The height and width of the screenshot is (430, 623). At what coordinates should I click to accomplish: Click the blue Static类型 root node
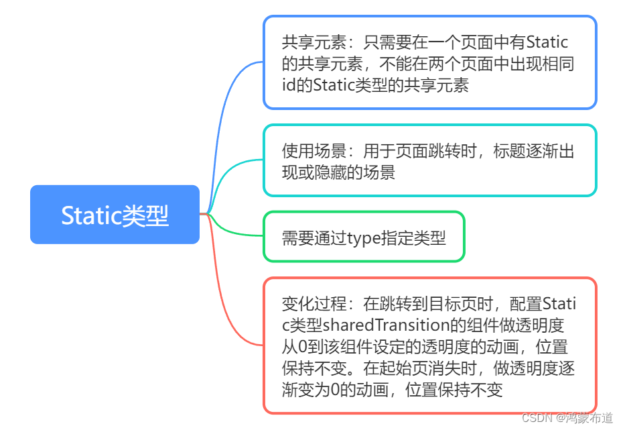(115, 215)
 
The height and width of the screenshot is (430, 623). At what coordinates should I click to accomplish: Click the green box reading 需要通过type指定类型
(364, 237)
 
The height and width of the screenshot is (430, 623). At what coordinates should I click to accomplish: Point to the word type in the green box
(362, 237)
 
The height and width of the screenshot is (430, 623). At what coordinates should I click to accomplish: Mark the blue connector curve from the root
(228, 101)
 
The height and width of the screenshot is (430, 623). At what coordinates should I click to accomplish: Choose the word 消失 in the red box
(445, 368)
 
